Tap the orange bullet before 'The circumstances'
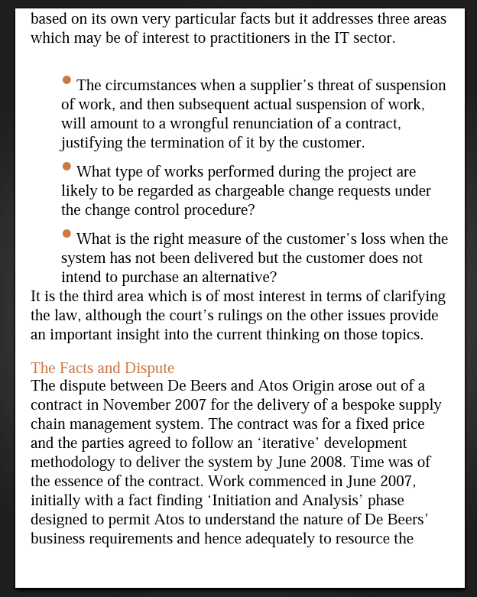(x=67, y=80)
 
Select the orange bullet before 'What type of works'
(x=67, y=166)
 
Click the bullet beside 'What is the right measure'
(x=67, y=233)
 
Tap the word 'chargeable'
(x=260, y=190)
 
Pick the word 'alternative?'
(x=236, y=277)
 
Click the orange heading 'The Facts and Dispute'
(x=102, y=368)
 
